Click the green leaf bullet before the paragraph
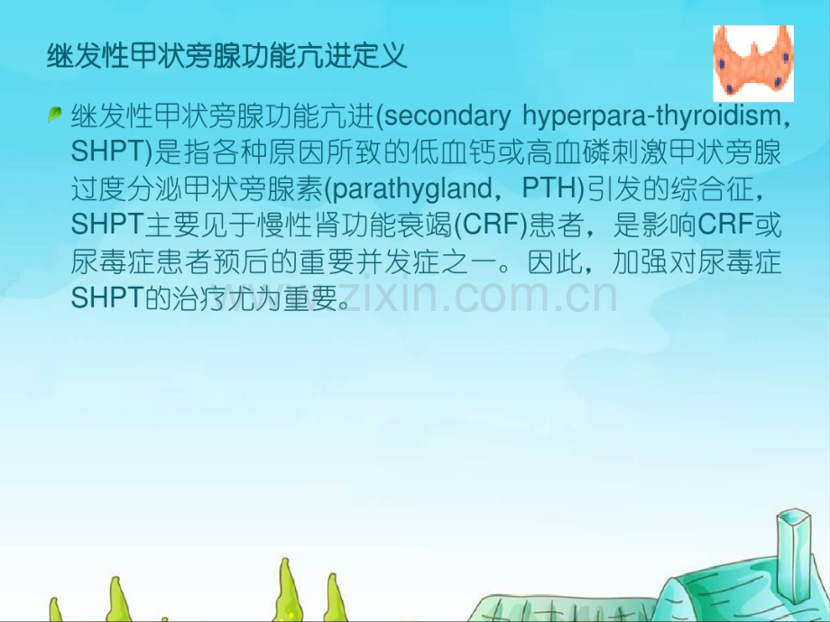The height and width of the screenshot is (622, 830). tap(55, 114)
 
